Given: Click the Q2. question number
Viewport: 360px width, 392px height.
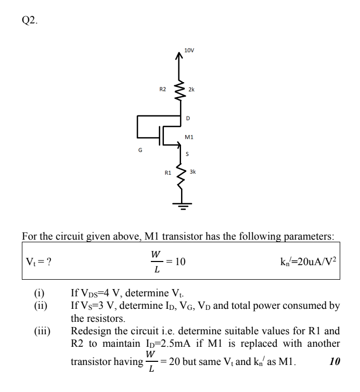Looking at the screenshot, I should point(30,21).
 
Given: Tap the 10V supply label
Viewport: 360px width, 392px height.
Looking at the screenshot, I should point(189,50).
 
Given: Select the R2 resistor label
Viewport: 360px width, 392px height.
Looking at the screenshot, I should point(162,89).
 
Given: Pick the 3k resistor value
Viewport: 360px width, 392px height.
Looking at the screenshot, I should point(192,171).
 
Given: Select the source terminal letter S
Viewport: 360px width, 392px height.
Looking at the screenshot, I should point(188,154).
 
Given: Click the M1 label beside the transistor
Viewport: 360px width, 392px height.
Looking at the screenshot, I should point(189,137).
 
